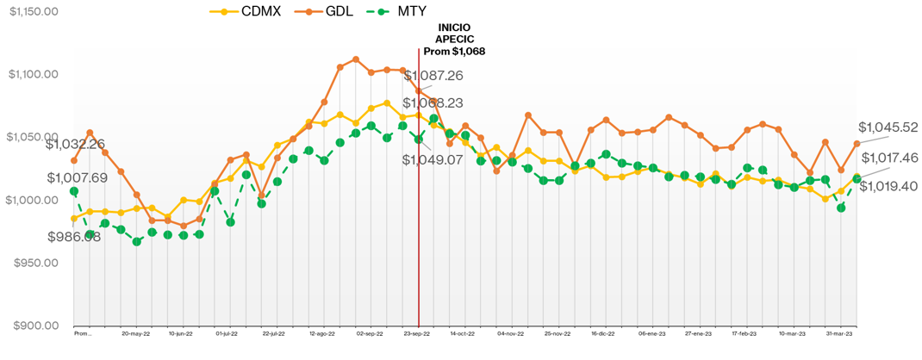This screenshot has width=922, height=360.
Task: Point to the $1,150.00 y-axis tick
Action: click(34, 11)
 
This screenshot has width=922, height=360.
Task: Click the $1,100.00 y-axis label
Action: click(34, 74)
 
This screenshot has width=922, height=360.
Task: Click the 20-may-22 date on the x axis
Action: click(135, 332)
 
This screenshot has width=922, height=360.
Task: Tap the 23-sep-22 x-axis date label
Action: click(418, 332)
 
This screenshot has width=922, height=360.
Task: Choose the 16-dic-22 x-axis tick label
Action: click(606, 332)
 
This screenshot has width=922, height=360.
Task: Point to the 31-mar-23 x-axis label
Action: click(840, 332)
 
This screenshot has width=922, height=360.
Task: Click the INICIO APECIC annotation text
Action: click(455, 40)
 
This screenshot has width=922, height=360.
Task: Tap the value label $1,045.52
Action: click(888, 127)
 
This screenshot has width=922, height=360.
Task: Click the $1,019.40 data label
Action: click(888, 185)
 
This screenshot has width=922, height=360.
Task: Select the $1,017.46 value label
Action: click(888, 158)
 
